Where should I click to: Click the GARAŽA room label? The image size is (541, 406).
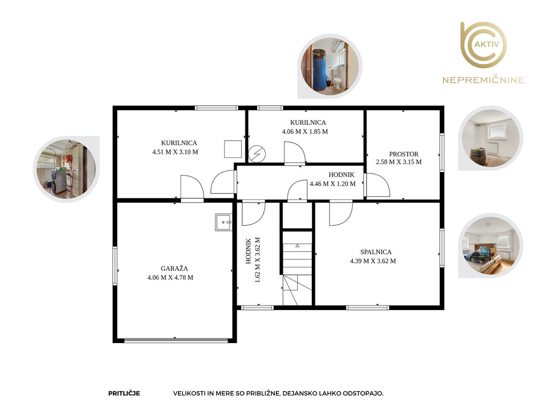[x=174, y=268]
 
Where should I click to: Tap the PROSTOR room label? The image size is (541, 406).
[x=404, y=154]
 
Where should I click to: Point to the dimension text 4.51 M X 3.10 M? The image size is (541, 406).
[x=175, y=152]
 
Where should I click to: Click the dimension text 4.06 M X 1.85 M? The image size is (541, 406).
[x=305, y=131]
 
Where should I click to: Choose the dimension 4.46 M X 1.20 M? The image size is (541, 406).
[x=333, y=184]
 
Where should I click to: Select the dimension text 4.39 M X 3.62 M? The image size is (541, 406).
[x=373, y=261]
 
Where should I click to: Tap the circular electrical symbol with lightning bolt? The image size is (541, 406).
[x=257, y=154]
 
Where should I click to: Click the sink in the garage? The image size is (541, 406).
[x=224, y=222]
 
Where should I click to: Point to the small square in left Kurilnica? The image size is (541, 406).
[x=233, y=149]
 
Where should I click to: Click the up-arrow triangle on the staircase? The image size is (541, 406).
[x=298, y=246]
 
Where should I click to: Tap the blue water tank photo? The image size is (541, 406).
[x=330, y=66]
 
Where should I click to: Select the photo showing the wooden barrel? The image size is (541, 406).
[x=491, y=138]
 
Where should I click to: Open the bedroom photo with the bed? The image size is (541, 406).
[x=491, y=246]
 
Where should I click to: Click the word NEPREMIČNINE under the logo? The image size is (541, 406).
[x=483, y=80]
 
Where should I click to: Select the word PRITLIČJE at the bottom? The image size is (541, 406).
[x=124, y=393]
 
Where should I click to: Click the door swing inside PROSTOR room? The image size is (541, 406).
[x=377, y=185]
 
